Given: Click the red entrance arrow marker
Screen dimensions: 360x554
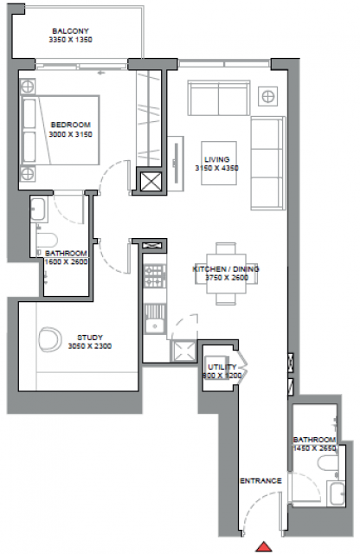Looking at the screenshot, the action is pyautogui.click(x=264, y=546).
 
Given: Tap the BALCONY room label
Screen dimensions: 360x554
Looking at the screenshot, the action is pyautogui.click(x=71, y=35).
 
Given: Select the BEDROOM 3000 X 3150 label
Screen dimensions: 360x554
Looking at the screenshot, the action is pyautogui.click(x=71, y=129).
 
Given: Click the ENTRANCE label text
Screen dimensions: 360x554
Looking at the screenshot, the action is pyautogui.click(x=260, y=480).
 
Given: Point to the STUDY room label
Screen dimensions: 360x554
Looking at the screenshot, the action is pyautogui.click(x=90, y=342).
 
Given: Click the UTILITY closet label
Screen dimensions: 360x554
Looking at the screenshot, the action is pyautogui.click(x=222, y=371).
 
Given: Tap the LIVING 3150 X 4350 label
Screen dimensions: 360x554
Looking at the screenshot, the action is pyautogui.click(x=217, y=164).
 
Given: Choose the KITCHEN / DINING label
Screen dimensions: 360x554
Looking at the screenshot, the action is pyautogui.click(x=226, y=274).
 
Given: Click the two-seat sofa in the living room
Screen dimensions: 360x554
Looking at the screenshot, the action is pyautogui.click(x=219, y=98).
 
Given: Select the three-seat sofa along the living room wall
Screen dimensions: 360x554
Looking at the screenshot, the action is pyautogui.click(x=268, y=164).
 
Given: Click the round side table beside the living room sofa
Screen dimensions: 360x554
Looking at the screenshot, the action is pyautogui.click(x=267, y=96).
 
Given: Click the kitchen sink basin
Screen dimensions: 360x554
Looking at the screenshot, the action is pyautogui.click(x=155, y=325).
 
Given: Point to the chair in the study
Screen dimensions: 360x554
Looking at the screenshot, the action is pyautogui.click(x=50, y=339).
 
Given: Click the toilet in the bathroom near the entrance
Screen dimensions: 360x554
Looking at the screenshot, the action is pyautogui.click(x=327, y=463).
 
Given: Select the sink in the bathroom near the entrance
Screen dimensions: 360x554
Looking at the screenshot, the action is pyautogui.click(x=337, y=493).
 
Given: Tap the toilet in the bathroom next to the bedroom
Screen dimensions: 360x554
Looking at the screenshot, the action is pyautogui.click(x=47, y=241).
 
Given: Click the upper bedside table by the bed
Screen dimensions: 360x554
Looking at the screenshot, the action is pyautogui.click(x=28, y=87).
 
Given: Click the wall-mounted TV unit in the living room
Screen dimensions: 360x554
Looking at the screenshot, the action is pyautogui.click(x=176, y=164).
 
